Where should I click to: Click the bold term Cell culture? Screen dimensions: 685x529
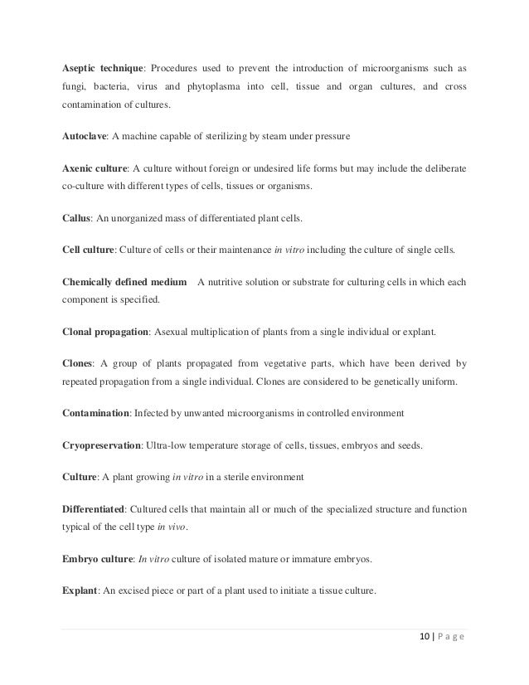(x=87, y=250)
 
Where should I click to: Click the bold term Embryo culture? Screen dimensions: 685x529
(x=98, y=559)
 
